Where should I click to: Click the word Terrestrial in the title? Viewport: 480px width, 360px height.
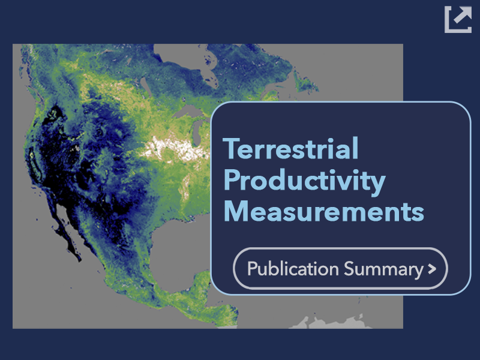pyautogui.click(x=290, y=148)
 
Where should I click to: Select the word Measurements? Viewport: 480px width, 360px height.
pyautogui.click(x=324, y=212)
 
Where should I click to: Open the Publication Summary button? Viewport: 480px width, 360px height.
pyautogui.click(x=340, y=268)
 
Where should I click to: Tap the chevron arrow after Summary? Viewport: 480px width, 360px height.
pyautogui.click(x=432, y=269)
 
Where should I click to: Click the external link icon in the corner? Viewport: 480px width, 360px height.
pyautogui.click(x=458, y=19)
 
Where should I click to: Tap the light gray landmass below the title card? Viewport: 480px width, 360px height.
pyautogui.click(x=331, y=322)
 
